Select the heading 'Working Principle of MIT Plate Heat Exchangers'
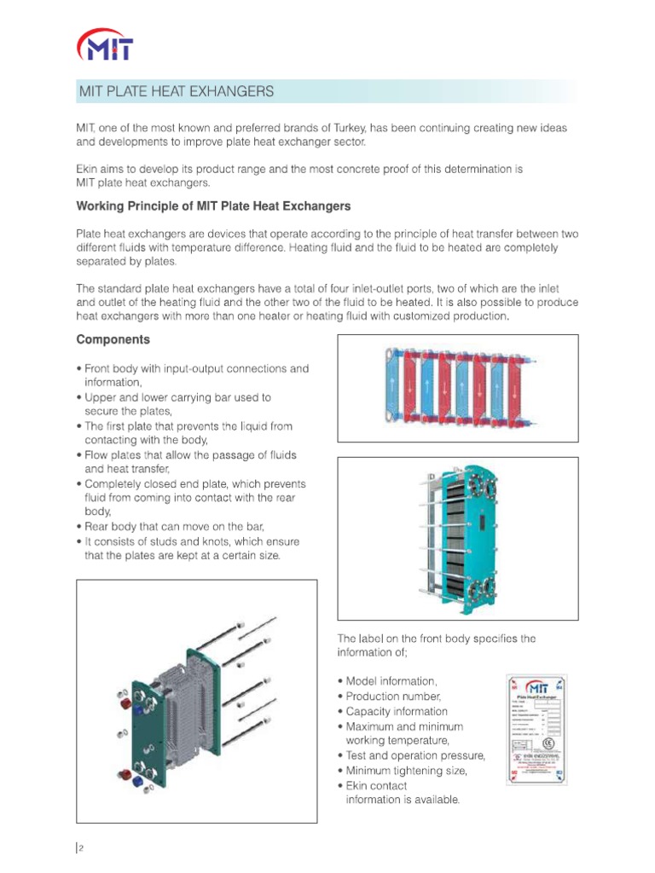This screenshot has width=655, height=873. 213,206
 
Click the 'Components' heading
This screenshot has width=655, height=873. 113,339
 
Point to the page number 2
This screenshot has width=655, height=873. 82,847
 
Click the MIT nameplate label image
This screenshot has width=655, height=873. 536,729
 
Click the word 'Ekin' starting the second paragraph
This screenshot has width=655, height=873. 90,169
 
